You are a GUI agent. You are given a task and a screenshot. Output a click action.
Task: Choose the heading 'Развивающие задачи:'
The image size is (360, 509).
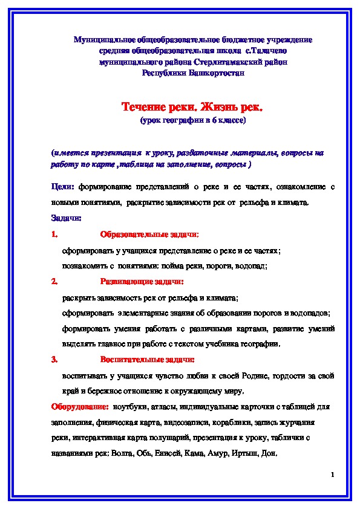pos(142,281)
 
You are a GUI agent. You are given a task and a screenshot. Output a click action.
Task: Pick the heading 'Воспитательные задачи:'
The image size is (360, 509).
pos(147,360)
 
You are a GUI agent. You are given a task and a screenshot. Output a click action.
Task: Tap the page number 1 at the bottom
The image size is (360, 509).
pos(333,476)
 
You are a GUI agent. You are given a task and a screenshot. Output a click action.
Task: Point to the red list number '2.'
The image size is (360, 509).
pos(54,281)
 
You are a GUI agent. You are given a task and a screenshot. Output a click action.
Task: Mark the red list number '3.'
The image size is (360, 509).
pos(54,360)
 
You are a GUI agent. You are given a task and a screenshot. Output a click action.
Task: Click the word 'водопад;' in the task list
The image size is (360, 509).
pos(252,265)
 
